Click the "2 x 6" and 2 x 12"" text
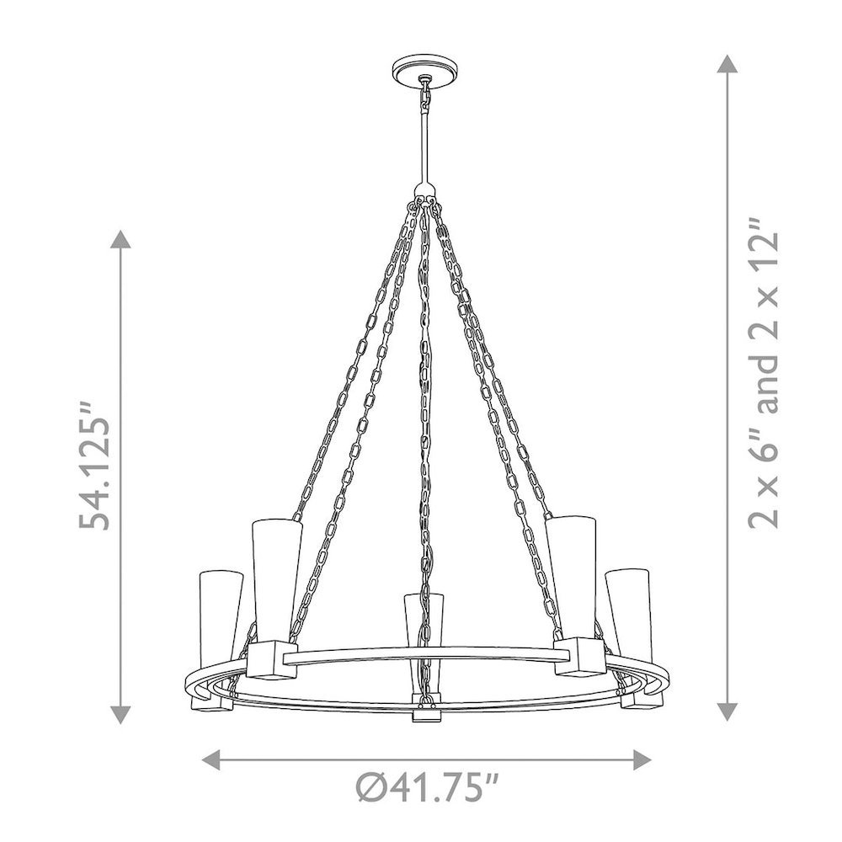click(x=763, y=373)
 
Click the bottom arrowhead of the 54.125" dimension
click(x=120, y=715)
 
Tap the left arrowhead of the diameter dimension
click(x=210, y=759)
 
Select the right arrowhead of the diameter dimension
click(x=642, y=759)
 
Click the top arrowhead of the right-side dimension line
click(x=727, y=64)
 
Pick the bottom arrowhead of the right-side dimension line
click(x=727, y=711)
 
